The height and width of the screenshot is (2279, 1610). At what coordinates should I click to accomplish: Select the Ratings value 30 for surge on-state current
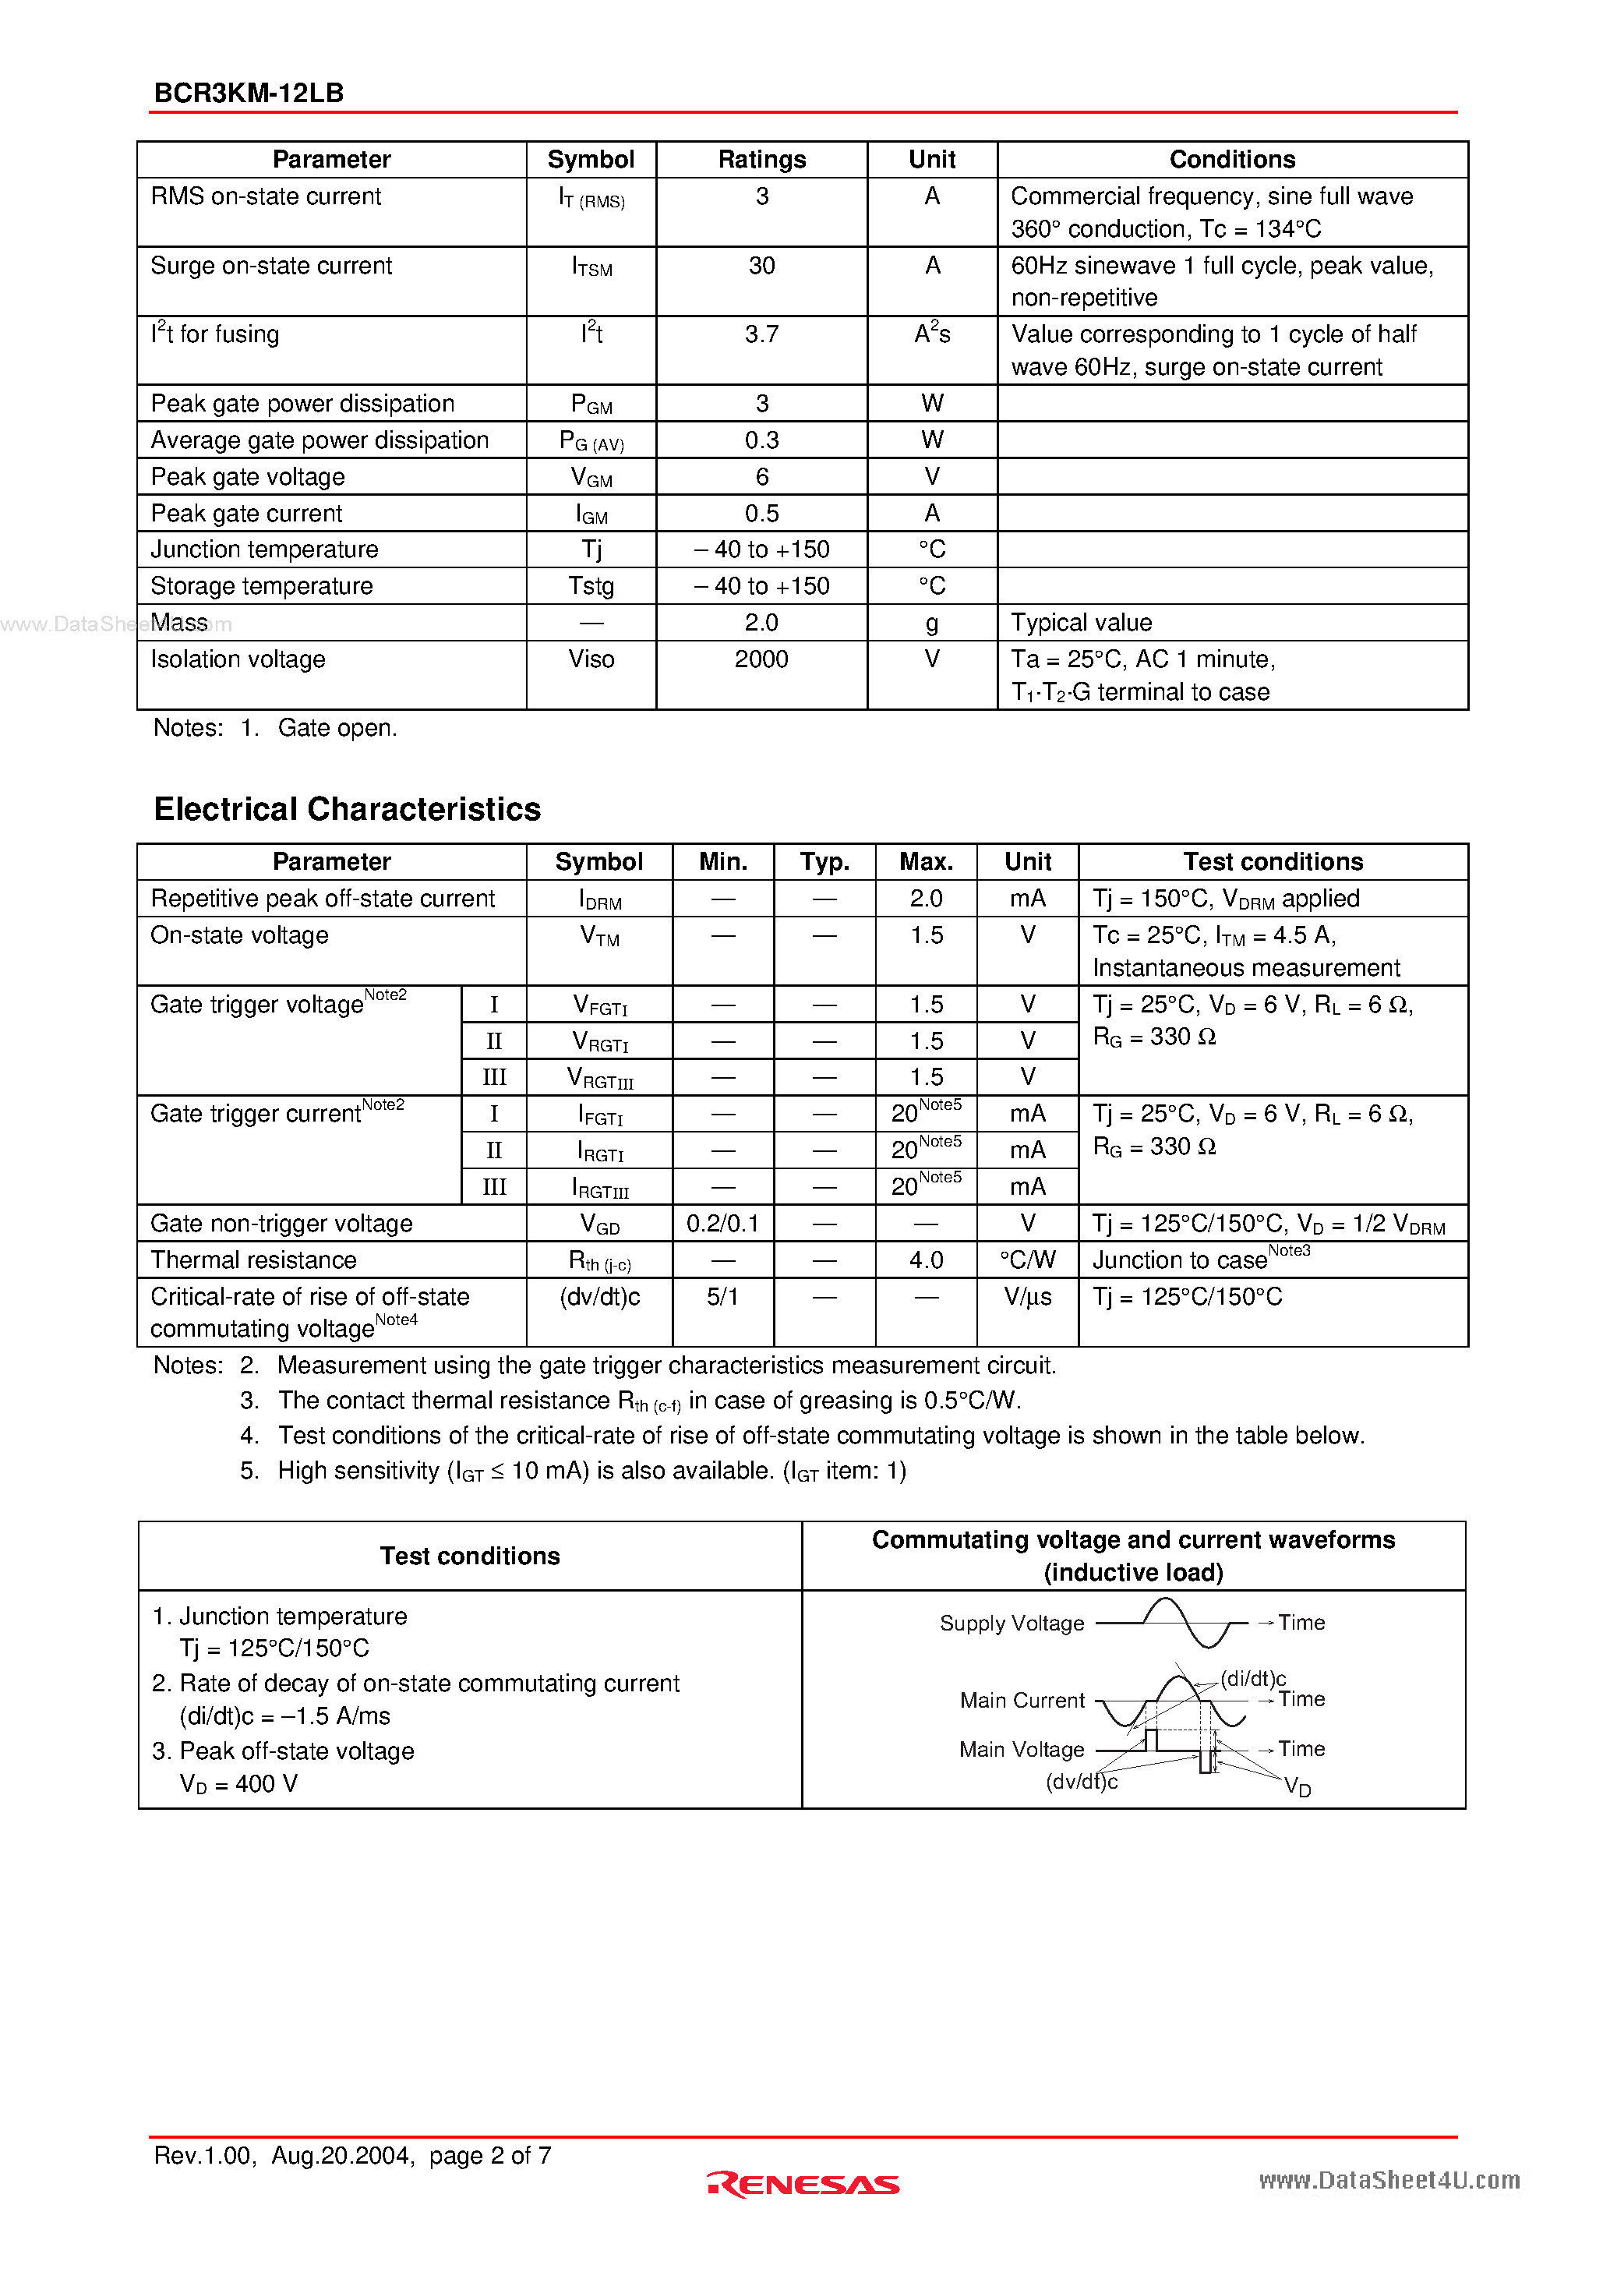click(x=761, y=266)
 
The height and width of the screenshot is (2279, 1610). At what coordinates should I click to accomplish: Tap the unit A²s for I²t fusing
click(x=931, y=334)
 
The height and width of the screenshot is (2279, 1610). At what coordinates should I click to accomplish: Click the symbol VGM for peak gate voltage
click(x=591, y=478)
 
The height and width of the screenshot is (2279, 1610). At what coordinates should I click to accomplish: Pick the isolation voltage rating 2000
click(x=761, y=659)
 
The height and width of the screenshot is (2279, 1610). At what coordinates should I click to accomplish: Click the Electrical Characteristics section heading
click(x=347, y=809)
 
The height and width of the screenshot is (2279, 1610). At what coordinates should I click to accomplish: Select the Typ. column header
click(x=824, y=861)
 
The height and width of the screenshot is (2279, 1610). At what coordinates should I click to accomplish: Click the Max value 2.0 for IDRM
click(x=925, y=899)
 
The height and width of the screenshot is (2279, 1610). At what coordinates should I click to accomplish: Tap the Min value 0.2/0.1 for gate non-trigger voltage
click(x=722, y=1224)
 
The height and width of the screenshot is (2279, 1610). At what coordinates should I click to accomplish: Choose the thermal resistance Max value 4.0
click(x=925, y=1260)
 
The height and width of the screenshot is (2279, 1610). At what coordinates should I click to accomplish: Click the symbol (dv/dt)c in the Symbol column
click(x=599, y=1297)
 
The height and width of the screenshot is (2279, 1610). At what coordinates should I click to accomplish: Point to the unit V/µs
click(x=1027, y=1297)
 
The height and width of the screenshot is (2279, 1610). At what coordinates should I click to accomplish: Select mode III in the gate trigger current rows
click(x=493, y=1187)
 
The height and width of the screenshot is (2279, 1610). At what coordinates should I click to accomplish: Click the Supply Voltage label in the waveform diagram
click(x=1012, y=1624)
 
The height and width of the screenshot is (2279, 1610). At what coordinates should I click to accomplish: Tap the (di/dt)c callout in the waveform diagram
click(x=1252, y=1679)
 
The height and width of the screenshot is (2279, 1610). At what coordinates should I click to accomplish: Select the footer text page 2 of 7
click(x=490, y=2155)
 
